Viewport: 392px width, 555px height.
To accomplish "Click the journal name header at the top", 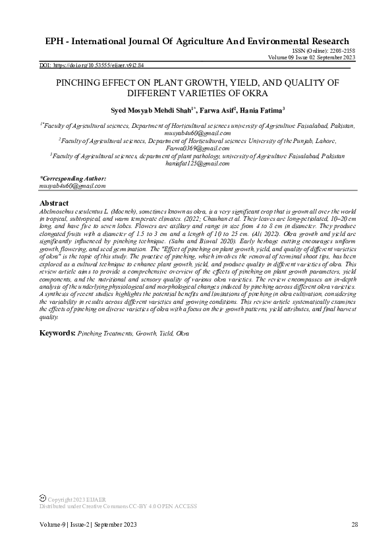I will pyautogui.click(x=197, y=41).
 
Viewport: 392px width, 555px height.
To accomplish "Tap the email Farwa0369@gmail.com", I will pyautogui.click(x=198, y=148).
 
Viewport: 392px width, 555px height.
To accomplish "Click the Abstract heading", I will pyautogui.click(x=54, y=203).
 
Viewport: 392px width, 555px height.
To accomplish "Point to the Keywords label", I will pyautogui.click(x=57, y=334).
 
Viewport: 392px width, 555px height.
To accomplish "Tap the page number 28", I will pyautogui.click(x=354, y=525).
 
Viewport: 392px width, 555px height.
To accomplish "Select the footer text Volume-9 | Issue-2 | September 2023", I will pyautogui.click(x=88, y=525).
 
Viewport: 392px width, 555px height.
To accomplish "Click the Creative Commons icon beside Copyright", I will pyautogui.click(x=43, y=500).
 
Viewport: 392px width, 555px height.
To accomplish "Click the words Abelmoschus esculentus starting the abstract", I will pyautogui.click(x=69, y=211).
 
